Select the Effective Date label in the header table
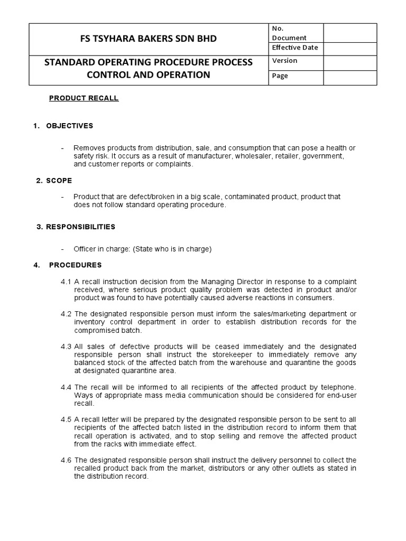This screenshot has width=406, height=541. tap(294, 48)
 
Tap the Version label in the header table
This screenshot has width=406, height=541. tap(284, 61)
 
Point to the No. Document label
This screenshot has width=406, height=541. tap(289, 33)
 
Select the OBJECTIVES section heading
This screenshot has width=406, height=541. tap(69, 126)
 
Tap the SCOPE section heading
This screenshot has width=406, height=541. tap(59, 181)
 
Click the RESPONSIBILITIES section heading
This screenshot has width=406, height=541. tap(80, 227)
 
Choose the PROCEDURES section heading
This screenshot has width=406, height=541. tap(75, 265)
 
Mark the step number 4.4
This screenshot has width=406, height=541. tap(66, 387)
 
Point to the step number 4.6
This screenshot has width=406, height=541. tap(66, 460)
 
